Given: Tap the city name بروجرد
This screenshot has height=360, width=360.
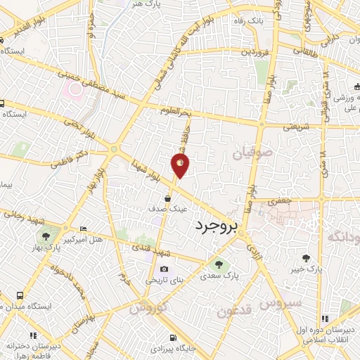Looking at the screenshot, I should coord(217,227).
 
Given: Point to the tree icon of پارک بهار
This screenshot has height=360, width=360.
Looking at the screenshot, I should coord(46,236).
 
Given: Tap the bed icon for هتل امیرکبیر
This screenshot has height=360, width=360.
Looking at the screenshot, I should coord(84,229).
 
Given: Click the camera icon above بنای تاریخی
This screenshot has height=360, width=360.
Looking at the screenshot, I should coord(164,269).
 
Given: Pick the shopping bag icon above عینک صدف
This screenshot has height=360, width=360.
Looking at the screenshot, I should coord(167,198).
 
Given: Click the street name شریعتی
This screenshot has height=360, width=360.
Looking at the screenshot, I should coord(295,127).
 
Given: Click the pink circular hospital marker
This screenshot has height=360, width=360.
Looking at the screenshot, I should coord(73,89).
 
